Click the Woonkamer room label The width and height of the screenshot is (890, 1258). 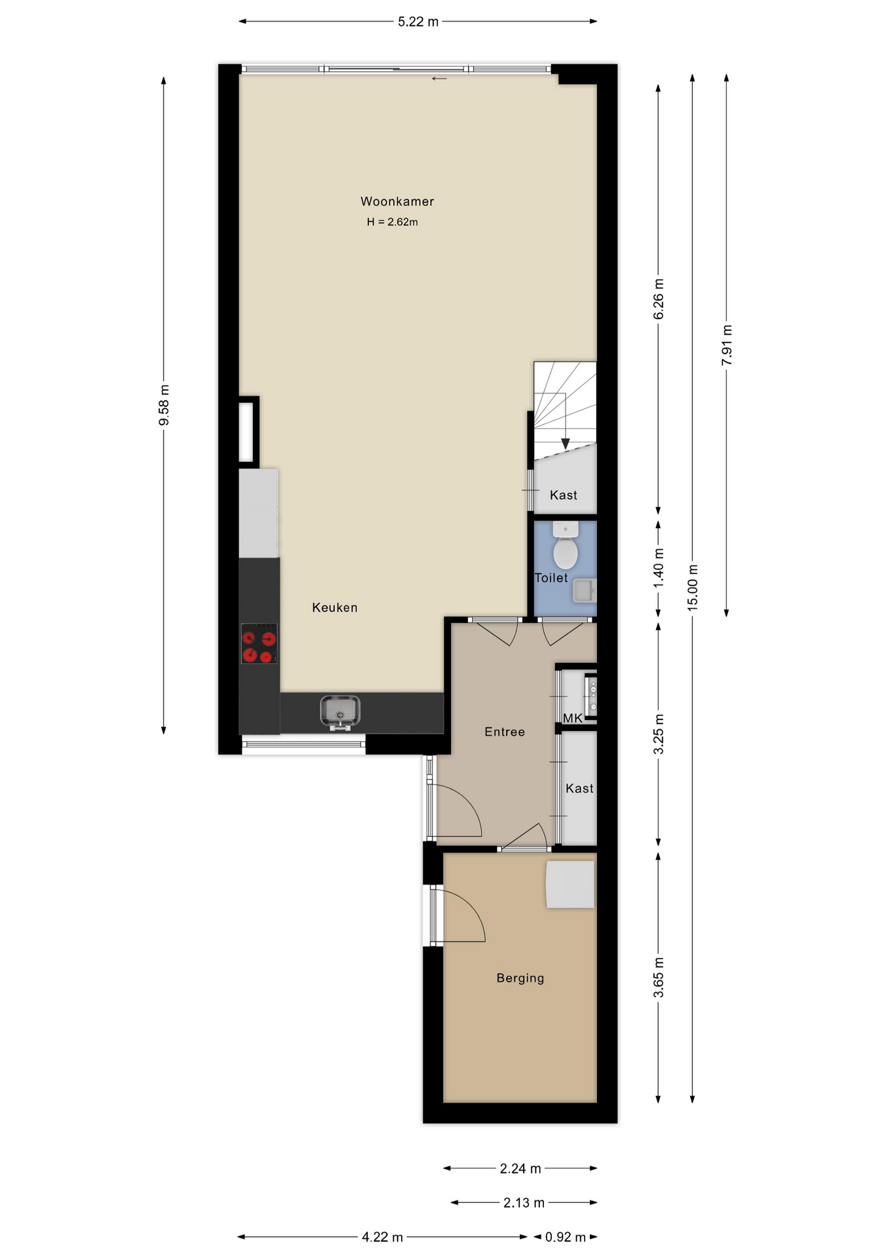point(397,201)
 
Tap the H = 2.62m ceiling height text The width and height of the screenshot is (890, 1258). point(393,222)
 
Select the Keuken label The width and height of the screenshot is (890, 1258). point(335,607)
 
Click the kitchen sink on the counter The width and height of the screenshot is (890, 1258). point(340,713)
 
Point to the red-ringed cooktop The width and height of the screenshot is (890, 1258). point(259,643)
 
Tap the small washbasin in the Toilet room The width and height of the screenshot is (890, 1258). point(585,590)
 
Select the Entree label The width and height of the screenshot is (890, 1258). point(505,732)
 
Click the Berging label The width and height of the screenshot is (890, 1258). point(520,978)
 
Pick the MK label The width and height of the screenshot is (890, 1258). point(573,718)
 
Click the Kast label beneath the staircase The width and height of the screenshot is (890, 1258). point(564,495)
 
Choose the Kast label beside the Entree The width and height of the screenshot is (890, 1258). point(579,788)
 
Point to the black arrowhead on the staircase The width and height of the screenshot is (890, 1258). point(566,444)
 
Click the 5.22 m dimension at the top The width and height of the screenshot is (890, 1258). point(418,22)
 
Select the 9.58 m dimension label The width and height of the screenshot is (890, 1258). point(164,405)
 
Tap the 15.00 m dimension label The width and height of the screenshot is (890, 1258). point(693,588)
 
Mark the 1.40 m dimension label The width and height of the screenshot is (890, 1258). point(659,567)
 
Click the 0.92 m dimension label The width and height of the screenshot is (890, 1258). point(566,1237)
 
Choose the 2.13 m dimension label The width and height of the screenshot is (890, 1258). point(524,1202)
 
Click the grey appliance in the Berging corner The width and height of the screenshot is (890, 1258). point(570,885)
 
